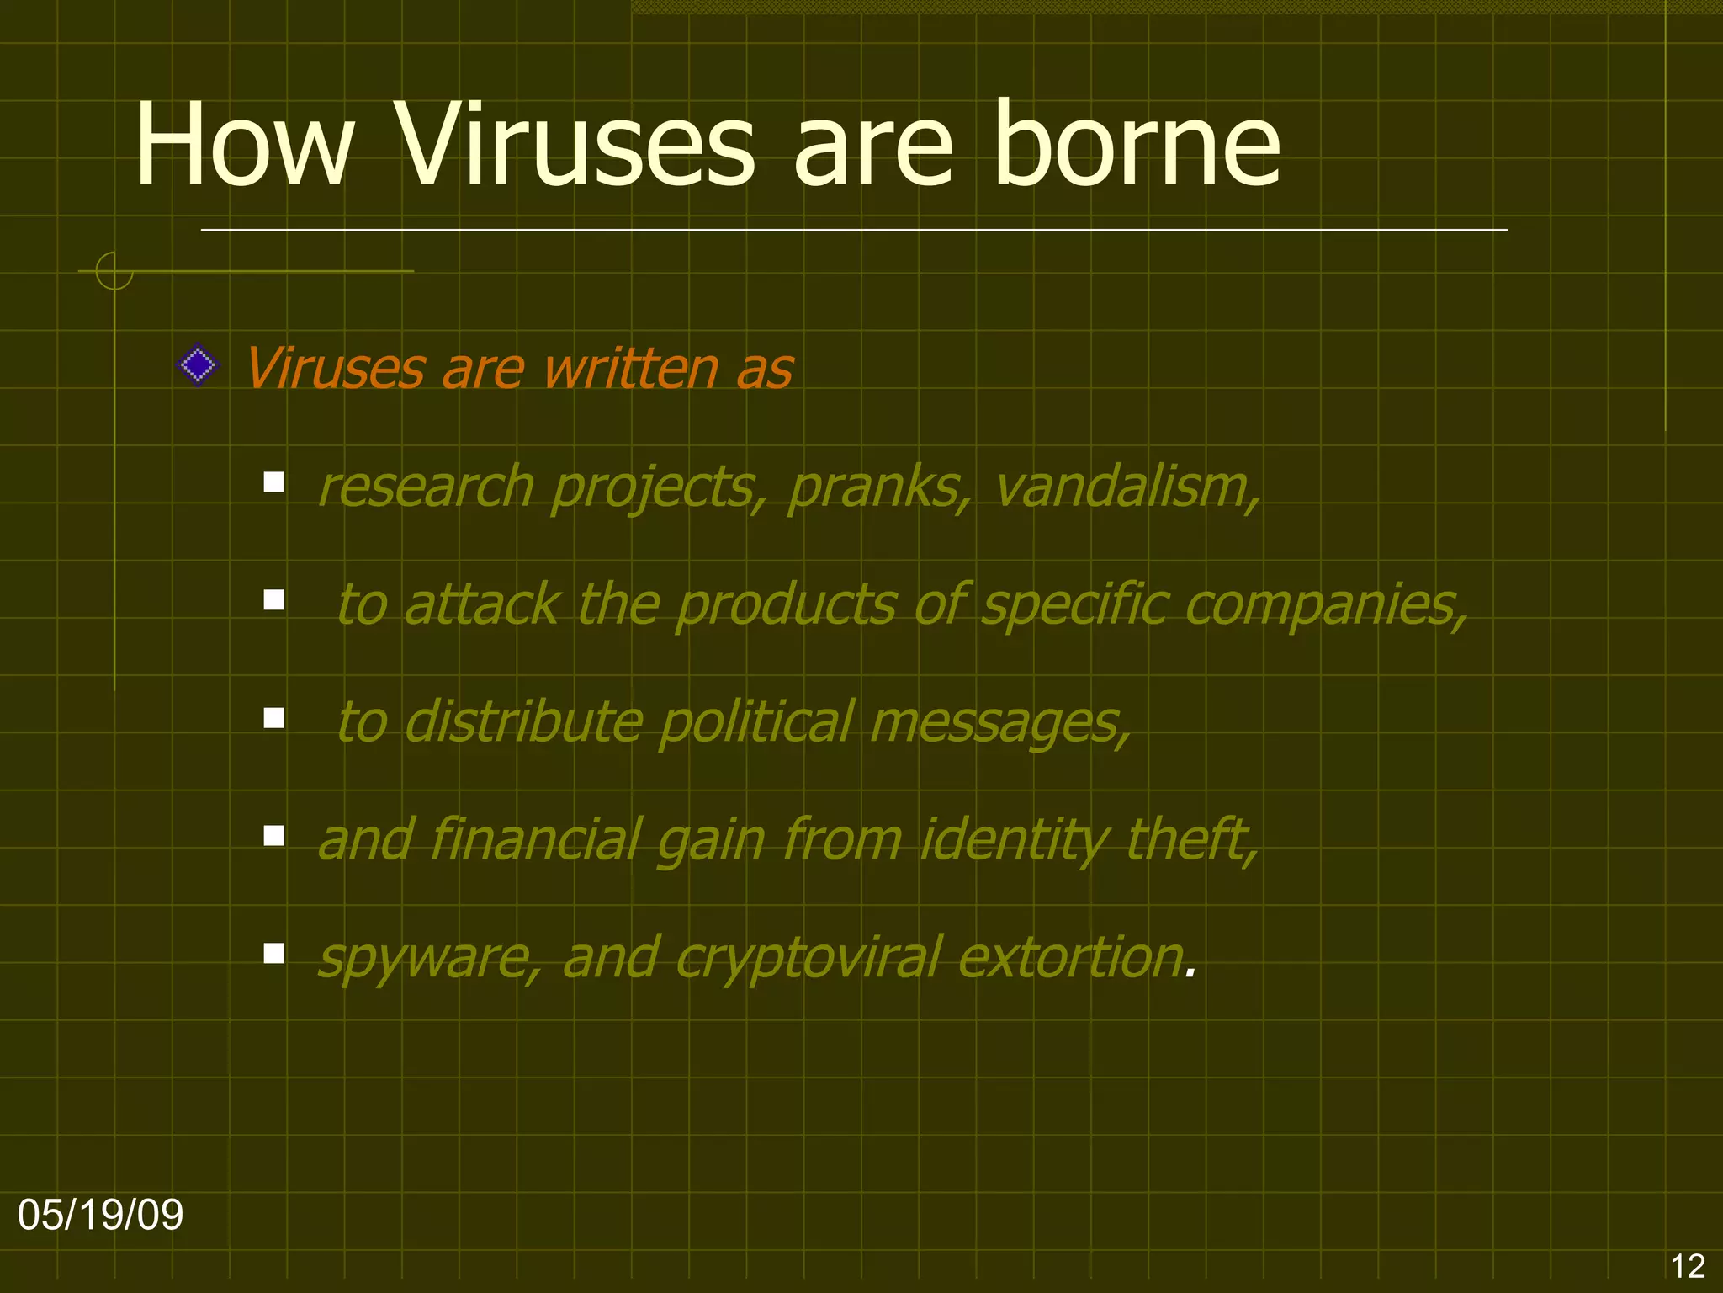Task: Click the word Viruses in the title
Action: click(575, 145)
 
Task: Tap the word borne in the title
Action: click(1137, 145)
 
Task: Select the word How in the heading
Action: click(244, 145)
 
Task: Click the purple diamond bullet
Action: click(199, 365)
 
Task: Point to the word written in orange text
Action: click(631, 369)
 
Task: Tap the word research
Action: click(426, 487)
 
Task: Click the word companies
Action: click(1326, 605)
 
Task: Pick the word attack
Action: click(482, 604)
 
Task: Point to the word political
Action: click(756, 721)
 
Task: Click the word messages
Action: click(999, 723)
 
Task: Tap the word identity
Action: click(1015, 841)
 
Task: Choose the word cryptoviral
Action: click(808, 959)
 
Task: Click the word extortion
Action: click(1070, 957)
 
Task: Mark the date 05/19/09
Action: click(101, 1215)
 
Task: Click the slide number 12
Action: click(1687, 1266)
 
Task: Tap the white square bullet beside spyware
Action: click(273, 953)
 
